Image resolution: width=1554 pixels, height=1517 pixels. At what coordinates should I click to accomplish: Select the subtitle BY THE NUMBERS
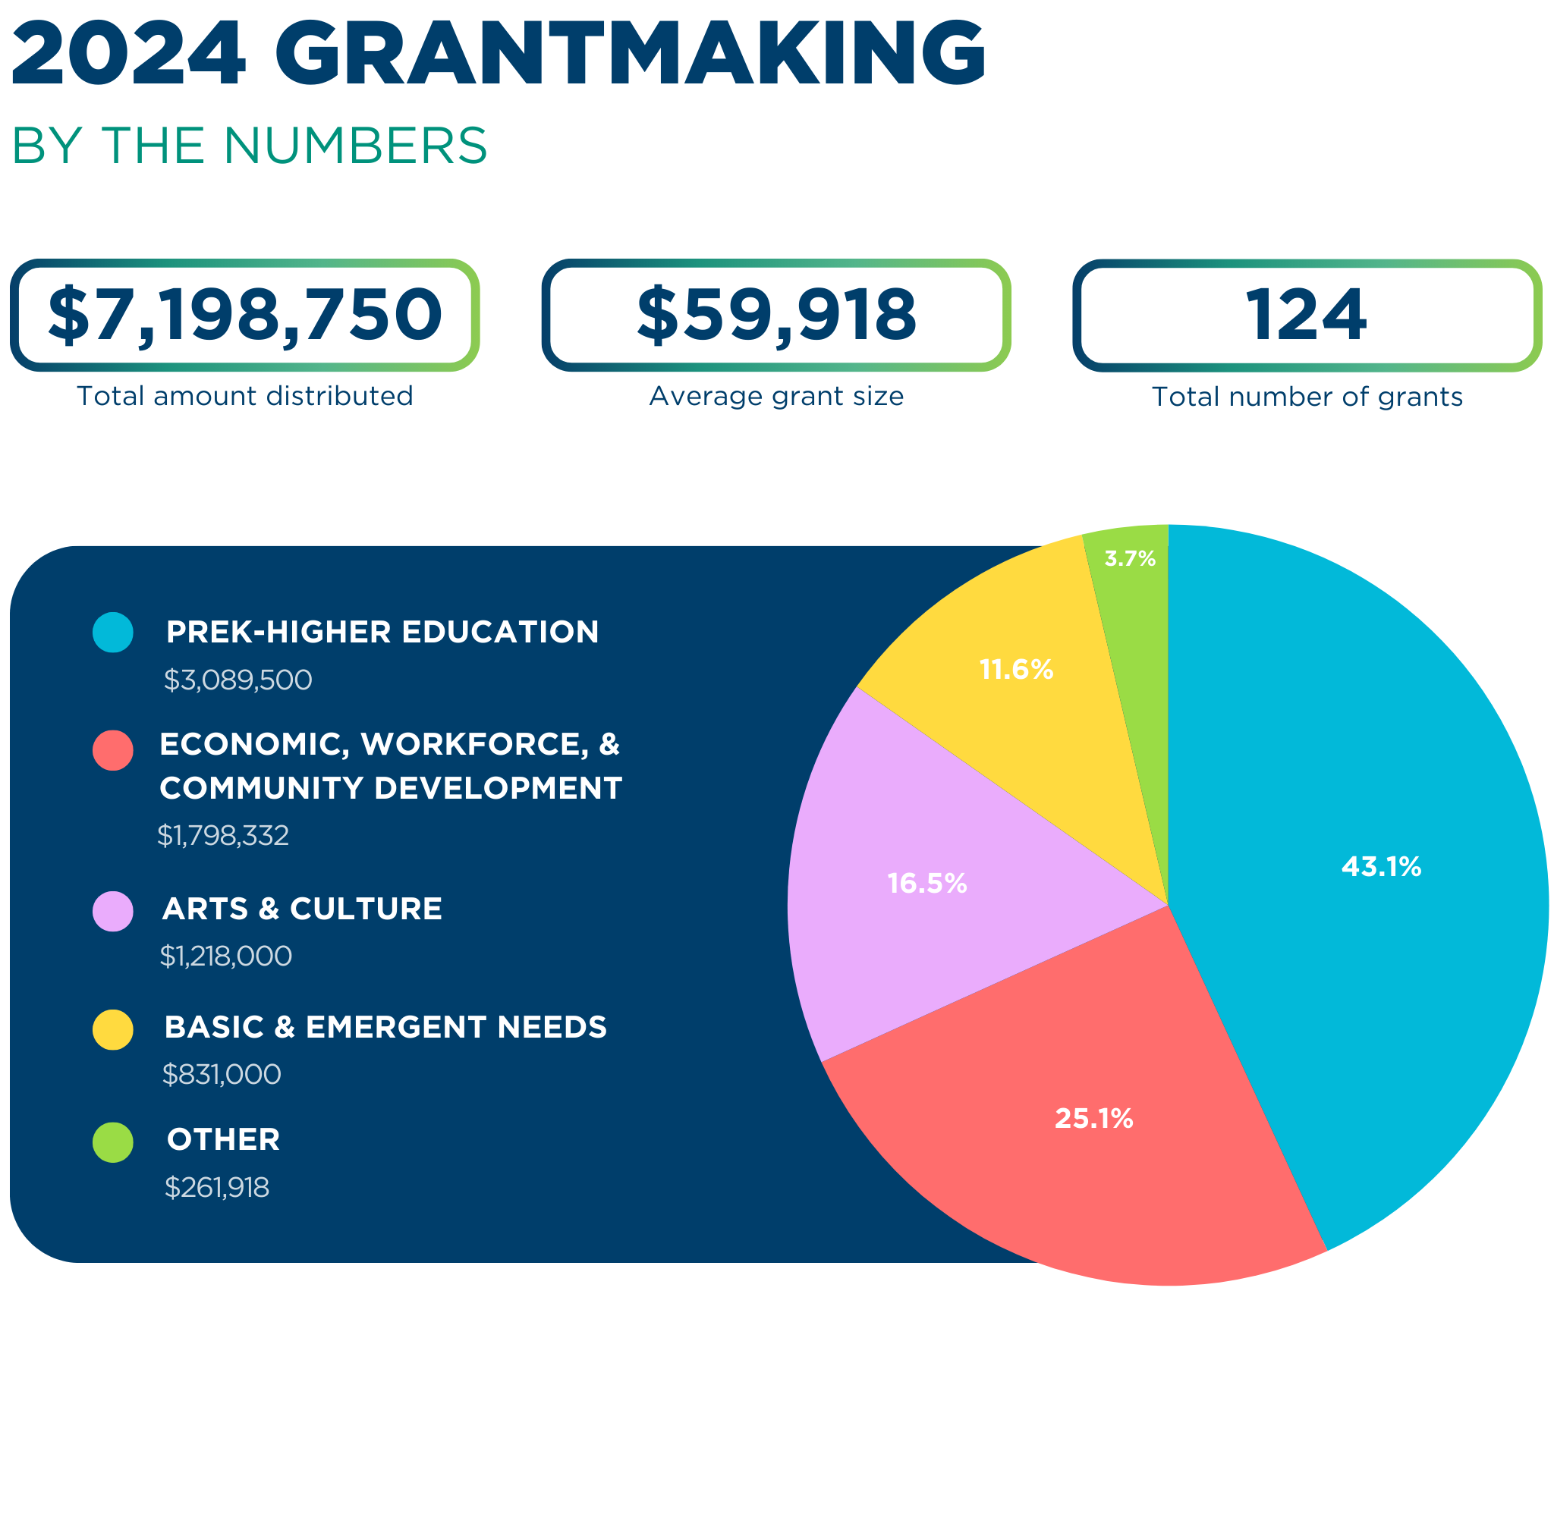click(249, 146)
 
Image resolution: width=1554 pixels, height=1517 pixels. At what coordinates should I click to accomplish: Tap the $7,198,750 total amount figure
click(244, 315)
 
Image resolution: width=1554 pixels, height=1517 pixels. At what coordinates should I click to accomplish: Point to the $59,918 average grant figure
click(775, 315)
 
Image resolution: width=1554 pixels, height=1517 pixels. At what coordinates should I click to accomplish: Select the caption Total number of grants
click(1306, 396)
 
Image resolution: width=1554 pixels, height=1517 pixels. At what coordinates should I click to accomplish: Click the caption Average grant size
click(775, 395)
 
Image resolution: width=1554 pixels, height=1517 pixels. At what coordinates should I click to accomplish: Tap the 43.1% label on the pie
click(1380, 866)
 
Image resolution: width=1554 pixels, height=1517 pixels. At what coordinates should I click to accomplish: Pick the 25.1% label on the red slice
click(1093, 1119)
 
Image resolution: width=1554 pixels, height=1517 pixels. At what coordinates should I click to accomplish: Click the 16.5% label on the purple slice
click(926, 883)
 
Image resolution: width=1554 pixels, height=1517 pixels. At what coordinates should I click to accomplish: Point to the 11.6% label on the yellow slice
click(1015, 669)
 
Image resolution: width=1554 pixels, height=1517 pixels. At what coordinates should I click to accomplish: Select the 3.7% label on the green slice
click(1129, 558)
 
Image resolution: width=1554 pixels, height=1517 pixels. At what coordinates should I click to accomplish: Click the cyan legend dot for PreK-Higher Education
click(112, 632)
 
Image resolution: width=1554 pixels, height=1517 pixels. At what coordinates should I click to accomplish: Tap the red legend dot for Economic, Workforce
click(112, 749)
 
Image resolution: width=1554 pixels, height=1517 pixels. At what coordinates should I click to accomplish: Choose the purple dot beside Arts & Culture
click(112, 911)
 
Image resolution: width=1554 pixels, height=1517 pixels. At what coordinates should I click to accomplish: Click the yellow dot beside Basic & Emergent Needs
click(112, 1029)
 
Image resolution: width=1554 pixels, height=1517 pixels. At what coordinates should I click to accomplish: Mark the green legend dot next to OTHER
click(112, 1142)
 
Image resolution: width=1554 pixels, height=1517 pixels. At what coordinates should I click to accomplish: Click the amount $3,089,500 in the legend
click(238, 680)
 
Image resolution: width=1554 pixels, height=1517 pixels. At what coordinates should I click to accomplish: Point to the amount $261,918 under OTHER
click(216, 1187)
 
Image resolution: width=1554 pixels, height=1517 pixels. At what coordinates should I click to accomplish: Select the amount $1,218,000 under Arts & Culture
click(225, 955)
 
